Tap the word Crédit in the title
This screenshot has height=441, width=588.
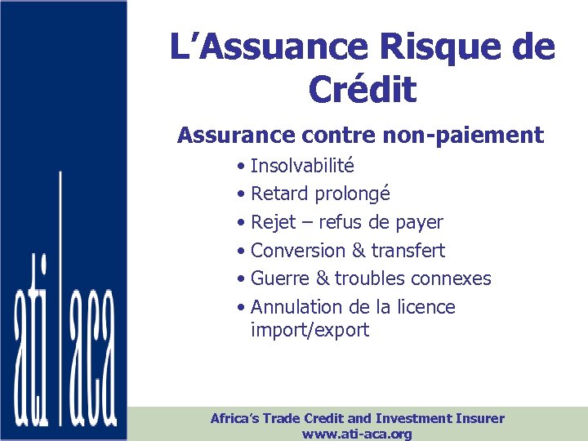tap(363, 90)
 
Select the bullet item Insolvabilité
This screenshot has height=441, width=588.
tap(302, 166)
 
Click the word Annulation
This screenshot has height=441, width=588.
tap(296, 307)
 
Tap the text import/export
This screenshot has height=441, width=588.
tap(310, 331)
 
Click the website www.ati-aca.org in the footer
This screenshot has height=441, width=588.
tap(357, 434)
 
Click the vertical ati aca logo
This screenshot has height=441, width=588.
tap(65, 343)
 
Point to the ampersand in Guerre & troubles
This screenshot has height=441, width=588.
tap(322, 278)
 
